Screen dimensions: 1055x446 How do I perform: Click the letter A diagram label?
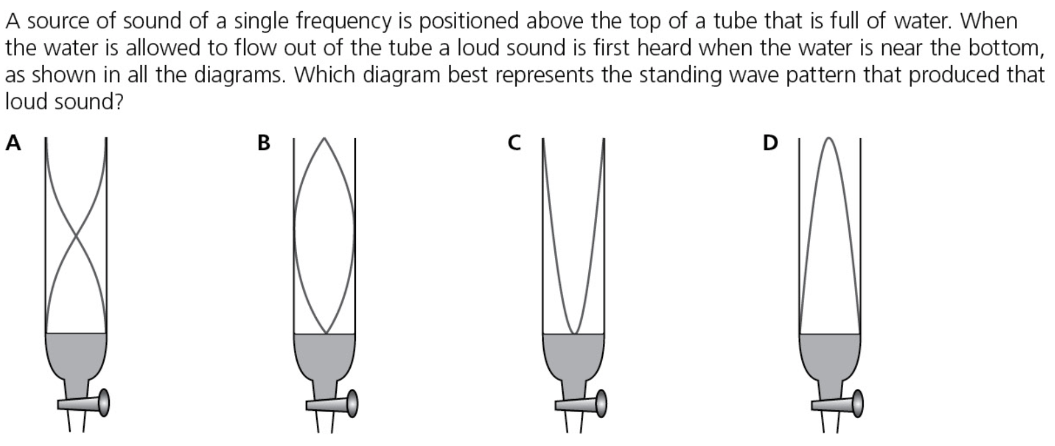[x=13, y=143]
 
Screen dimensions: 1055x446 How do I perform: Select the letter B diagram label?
[x=264, y=143]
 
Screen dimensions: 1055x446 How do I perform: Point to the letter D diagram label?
[x=770, y=143]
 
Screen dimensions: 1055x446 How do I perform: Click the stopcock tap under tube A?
[x=84, y=403]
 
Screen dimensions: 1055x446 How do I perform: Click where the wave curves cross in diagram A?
[x=76, y=236]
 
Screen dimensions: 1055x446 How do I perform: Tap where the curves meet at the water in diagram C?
[x=573, y=333]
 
